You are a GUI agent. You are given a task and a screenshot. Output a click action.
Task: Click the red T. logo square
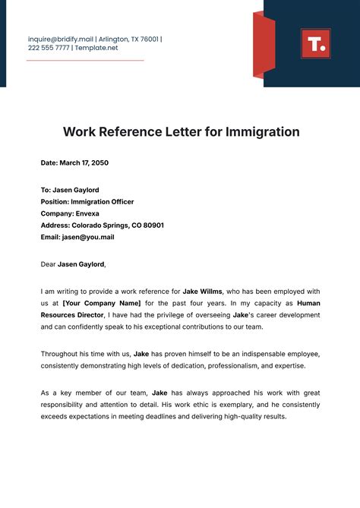click(315, 43)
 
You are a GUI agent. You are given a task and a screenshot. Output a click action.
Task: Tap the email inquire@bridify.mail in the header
click(60, 39)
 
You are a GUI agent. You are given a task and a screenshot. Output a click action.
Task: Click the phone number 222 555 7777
click(49, 48)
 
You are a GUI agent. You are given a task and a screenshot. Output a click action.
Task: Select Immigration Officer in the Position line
click(103, 202)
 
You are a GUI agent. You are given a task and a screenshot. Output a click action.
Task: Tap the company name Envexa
click(89, 213)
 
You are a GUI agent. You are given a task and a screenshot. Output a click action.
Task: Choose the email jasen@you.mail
click(88, 237)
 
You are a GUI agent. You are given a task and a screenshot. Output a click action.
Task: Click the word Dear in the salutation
click(48, 264)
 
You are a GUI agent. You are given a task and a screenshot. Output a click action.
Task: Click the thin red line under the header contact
click(84, 60)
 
